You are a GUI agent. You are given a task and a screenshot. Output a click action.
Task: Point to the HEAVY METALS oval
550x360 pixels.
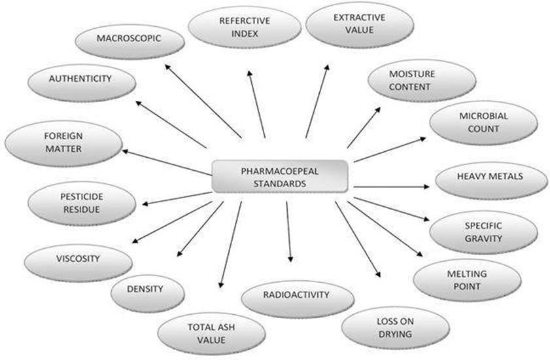tap(489, 176)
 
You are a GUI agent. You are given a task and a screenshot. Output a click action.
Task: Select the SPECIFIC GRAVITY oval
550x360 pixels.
tap(483, 232)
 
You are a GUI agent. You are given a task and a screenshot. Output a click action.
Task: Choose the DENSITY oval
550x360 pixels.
tap(146, 288)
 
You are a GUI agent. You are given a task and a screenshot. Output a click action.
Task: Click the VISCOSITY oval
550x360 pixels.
tap(78, 259)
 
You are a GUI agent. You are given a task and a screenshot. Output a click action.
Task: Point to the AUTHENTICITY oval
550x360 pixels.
tap(82, 80)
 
